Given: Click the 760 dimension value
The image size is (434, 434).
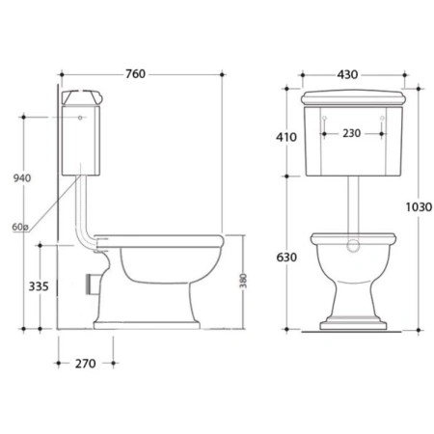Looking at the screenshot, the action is (x=135, y=74).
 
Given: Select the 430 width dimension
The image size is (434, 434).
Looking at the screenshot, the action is (x=347, y=74).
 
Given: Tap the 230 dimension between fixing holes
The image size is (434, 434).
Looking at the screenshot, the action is (x=351, y=133).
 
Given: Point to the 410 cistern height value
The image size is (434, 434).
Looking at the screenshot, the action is (x=286, y=137).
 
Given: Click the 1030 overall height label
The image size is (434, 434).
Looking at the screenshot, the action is (x=419, y=207).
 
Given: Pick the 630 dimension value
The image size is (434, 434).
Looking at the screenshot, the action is (x=286, y=258).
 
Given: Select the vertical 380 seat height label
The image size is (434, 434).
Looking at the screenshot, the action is (x=243, y=281).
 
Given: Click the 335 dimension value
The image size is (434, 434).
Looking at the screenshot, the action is (x=39, y=286).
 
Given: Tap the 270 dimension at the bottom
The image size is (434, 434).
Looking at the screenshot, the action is (x=85, y=364).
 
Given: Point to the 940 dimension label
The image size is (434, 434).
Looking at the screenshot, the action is (x=22, y=178).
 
